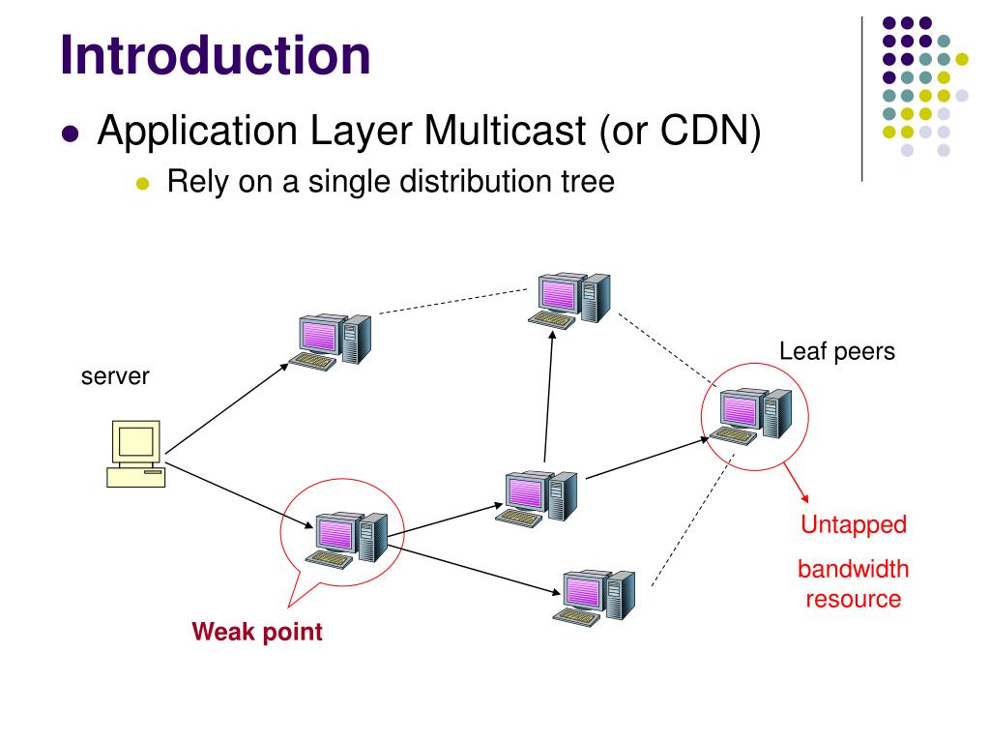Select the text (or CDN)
pyautogui.click(x=679, y=131)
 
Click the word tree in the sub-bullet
pyautogui.click(x=585, y=181)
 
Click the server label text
pyautogui.click(x=115, y=375)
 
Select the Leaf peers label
pyautogui.click(x=837, y=351)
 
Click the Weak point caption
pyautogui.click(x=257, y=633)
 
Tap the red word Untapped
pyautogui.click(x=854, y=525)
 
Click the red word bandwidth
pyautogui.click(x=854, y=569)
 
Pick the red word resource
pyautogui.click(x=854, y=599)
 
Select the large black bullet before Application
pyautogui.click(x=69, y=134)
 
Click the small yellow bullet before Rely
pyautogui.click(x=143, y=184)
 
